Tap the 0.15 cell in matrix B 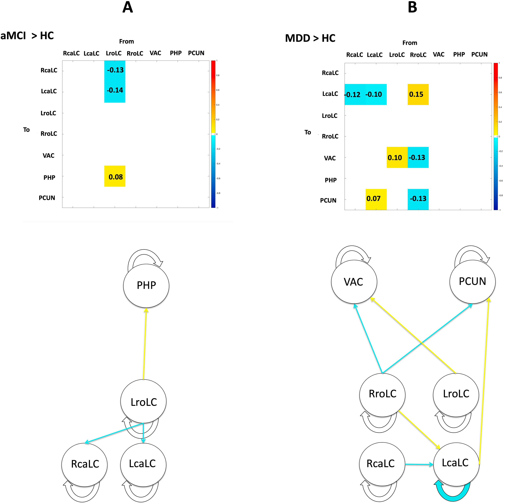pyautogui.click(x=418, y=94)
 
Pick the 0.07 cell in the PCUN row pyautogui.click(x=376, y=199)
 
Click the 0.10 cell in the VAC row pyautogui.click(x=397, y=158)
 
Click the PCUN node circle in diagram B pyautogui.click(x=472, y=281)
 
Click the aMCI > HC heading pyautogui.click(x=27, y=36)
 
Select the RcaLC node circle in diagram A pyautogui.click(x=85, y=464)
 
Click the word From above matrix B pyautogui.click(x=410, y=43)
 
